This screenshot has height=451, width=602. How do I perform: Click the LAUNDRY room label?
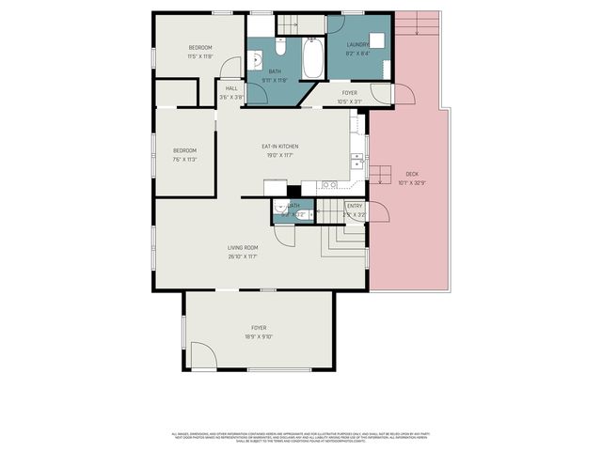tap(356, 45)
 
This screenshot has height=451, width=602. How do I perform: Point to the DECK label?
tap(412, 174)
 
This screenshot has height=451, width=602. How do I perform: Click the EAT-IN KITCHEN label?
tap(279, 146)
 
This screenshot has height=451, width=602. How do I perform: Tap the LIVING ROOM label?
tap(242, 247)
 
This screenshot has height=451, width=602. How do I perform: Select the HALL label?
tap(230, 88)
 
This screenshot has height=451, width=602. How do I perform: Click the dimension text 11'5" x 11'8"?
tap(200, 56)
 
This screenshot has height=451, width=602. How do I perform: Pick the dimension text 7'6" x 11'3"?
tap(184, 159)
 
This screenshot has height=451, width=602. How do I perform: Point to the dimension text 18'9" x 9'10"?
tap(258, 335)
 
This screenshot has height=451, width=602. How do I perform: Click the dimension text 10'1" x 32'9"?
tap(412, 182)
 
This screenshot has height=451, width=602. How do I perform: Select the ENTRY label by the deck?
tap(355, 206)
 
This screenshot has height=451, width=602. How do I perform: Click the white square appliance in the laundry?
tap(378, 40)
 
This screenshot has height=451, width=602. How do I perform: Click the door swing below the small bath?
tap(285, 235)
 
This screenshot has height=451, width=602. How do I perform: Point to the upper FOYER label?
tap(349, 93)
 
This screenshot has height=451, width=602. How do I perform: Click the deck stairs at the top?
tap(418, 25)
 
